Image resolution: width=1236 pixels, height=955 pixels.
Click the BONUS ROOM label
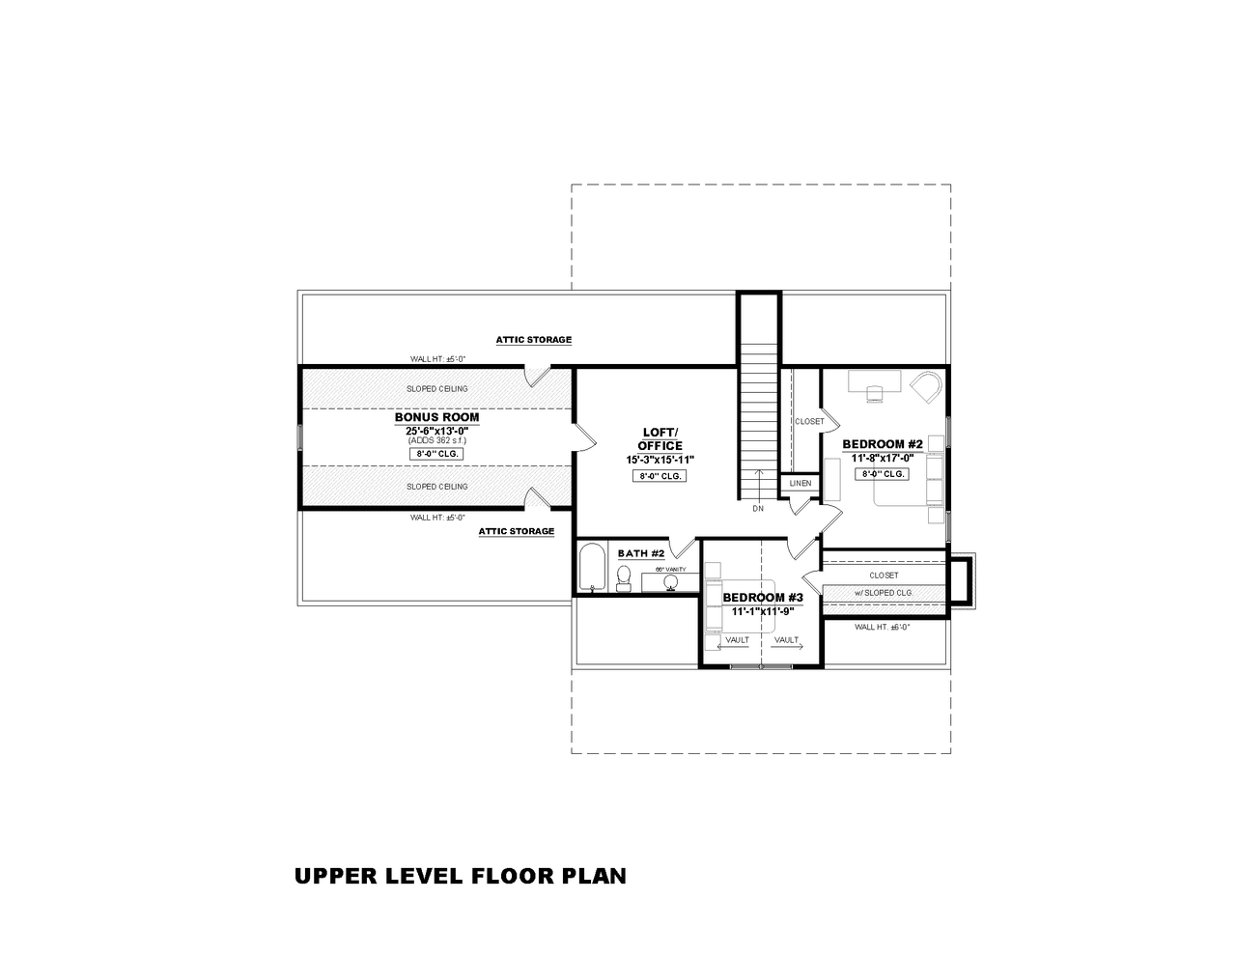436,417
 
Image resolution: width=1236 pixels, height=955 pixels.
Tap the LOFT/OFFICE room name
660,438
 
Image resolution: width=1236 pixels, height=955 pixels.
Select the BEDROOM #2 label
883,444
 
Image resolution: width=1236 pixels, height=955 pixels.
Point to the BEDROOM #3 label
763,598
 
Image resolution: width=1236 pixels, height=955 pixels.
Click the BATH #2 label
641,553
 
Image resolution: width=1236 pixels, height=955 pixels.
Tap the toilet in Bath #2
624,577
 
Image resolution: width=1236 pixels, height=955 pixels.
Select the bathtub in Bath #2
591,568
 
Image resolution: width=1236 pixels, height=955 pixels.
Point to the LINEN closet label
800,483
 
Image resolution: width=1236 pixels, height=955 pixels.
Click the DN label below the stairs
758,508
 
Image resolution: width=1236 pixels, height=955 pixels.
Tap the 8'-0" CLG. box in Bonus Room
436,453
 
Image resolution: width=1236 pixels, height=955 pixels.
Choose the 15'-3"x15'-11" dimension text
660,460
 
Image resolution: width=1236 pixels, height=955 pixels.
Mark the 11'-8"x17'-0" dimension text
883,459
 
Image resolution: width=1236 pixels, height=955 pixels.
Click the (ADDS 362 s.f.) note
436,439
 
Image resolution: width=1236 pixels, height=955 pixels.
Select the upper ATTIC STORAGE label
533,340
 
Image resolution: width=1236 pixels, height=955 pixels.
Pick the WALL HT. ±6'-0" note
882,627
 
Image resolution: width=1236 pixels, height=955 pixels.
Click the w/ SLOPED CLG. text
884,593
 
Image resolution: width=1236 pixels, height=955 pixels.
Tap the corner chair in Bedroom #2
928,386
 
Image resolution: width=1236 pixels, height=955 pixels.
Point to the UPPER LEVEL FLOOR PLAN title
460,876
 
